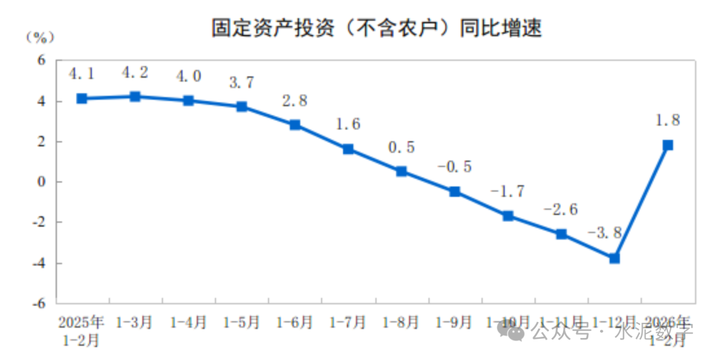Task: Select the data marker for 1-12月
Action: coord(614,258)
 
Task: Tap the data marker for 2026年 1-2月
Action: coord(668,145)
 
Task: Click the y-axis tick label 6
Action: coord(40,60)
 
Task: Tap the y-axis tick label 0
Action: coord(40,182)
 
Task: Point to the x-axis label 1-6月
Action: coord(295,323)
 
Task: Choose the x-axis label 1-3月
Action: coord(135,323)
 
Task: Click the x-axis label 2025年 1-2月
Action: coord(82,331)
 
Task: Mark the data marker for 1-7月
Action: coord(348,149)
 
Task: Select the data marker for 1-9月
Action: coord(455,191)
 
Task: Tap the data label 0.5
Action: coord(400,147)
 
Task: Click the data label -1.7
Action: coord(507,191)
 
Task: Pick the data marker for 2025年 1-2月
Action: coord(82,98)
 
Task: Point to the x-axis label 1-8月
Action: coord(401,323)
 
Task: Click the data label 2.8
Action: coord(294,101)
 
